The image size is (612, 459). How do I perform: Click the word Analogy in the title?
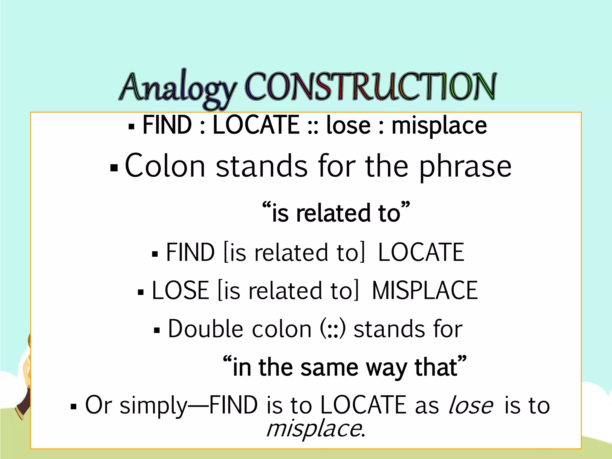coord(179,87)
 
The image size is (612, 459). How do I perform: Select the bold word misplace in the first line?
coord(439,126)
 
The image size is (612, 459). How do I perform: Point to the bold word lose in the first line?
coord(348,126)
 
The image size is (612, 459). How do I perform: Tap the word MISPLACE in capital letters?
coord(425,290)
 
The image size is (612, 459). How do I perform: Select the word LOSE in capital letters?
coord(180,290)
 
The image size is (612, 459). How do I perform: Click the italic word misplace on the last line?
coord(314,429)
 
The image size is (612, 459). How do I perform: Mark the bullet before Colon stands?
coord(114,168)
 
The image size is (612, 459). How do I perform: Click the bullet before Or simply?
coord(74,407)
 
